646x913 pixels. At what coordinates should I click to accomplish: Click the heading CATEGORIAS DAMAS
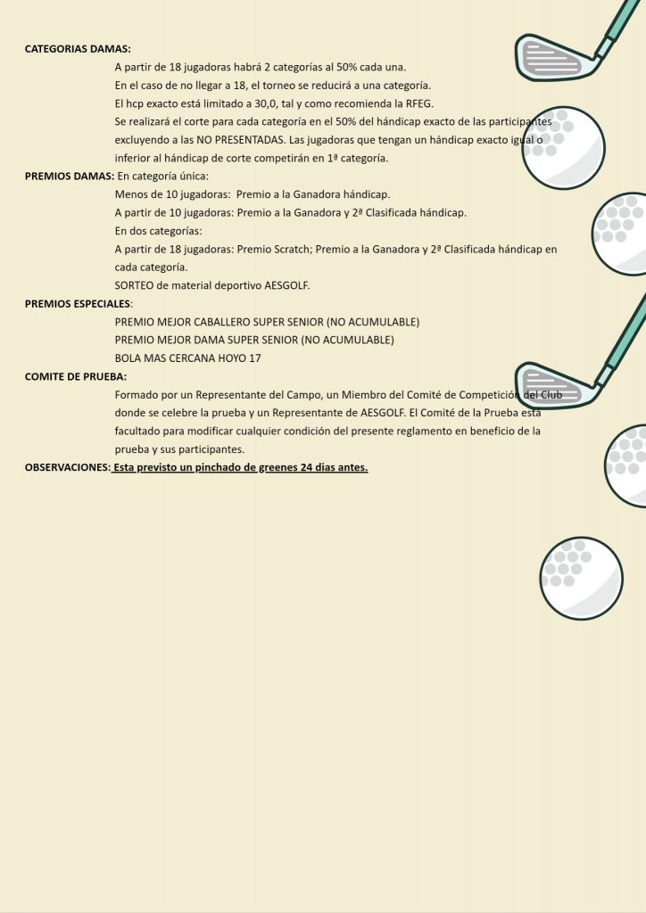(78, 49)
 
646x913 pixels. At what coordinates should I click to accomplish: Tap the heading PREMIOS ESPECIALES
(78, 303)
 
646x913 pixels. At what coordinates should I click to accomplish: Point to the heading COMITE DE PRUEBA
(76, 376)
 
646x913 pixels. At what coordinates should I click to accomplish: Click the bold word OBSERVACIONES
(67, 467)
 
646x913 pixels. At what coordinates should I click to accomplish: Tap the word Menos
(130, 194)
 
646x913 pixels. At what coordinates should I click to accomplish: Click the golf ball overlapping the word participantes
(563, 148)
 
